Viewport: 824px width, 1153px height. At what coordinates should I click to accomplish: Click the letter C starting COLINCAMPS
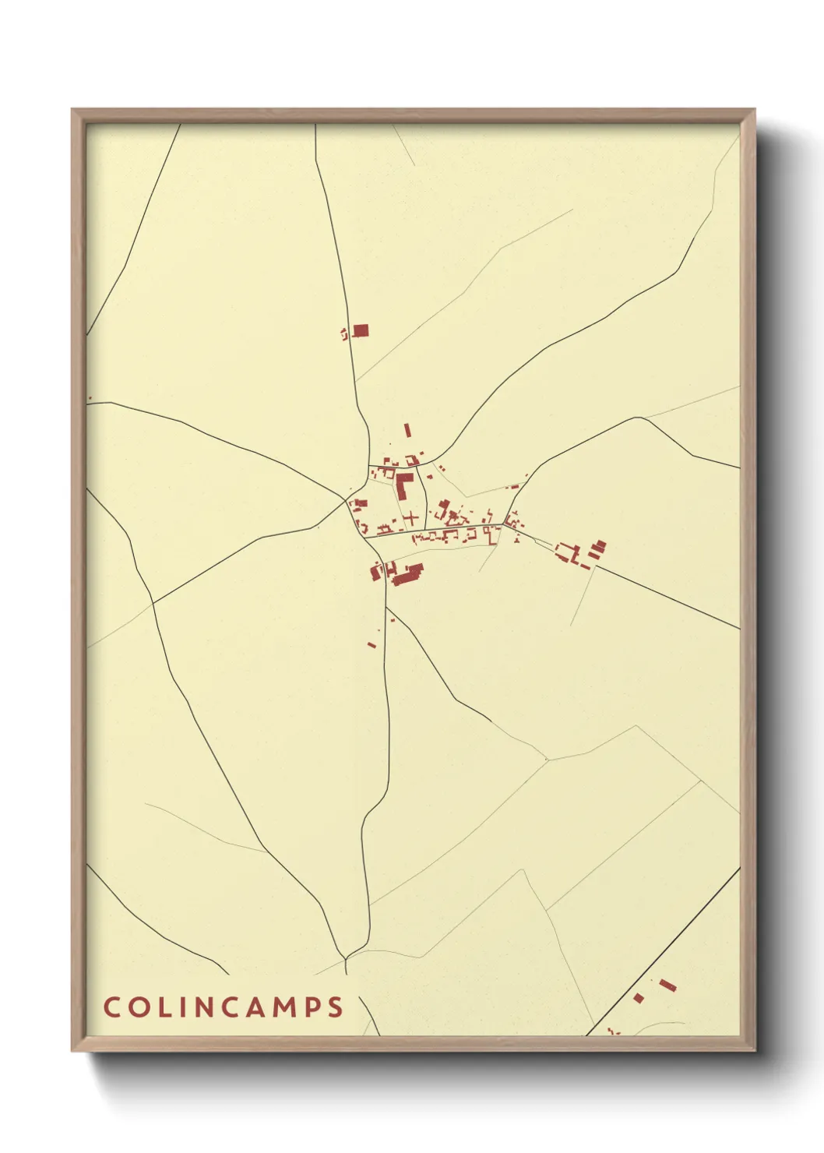click(111, 1007)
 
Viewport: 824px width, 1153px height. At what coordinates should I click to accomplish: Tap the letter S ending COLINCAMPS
click(335, 1007)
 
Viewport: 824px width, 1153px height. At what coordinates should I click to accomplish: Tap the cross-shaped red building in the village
click(411, 517)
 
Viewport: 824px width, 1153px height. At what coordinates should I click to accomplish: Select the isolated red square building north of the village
click(361, 330)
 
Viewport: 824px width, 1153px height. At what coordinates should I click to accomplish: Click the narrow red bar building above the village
click(407, 430)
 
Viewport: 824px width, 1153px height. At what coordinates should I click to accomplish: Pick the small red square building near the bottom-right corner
click(639, 998)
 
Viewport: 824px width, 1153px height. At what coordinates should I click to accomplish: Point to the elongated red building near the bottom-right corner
click(667, 986)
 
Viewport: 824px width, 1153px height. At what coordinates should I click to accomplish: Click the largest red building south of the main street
click(407, 576)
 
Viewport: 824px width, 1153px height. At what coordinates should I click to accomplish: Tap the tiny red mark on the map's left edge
click(90, 398)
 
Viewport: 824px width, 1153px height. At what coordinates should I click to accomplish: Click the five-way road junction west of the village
click(347, 499)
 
